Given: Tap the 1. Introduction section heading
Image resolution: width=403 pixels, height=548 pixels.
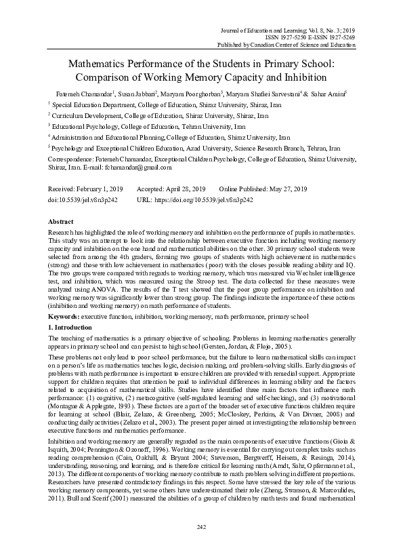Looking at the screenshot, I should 72,308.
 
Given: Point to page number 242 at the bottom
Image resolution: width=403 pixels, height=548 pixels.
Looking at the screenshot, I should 201,526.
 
